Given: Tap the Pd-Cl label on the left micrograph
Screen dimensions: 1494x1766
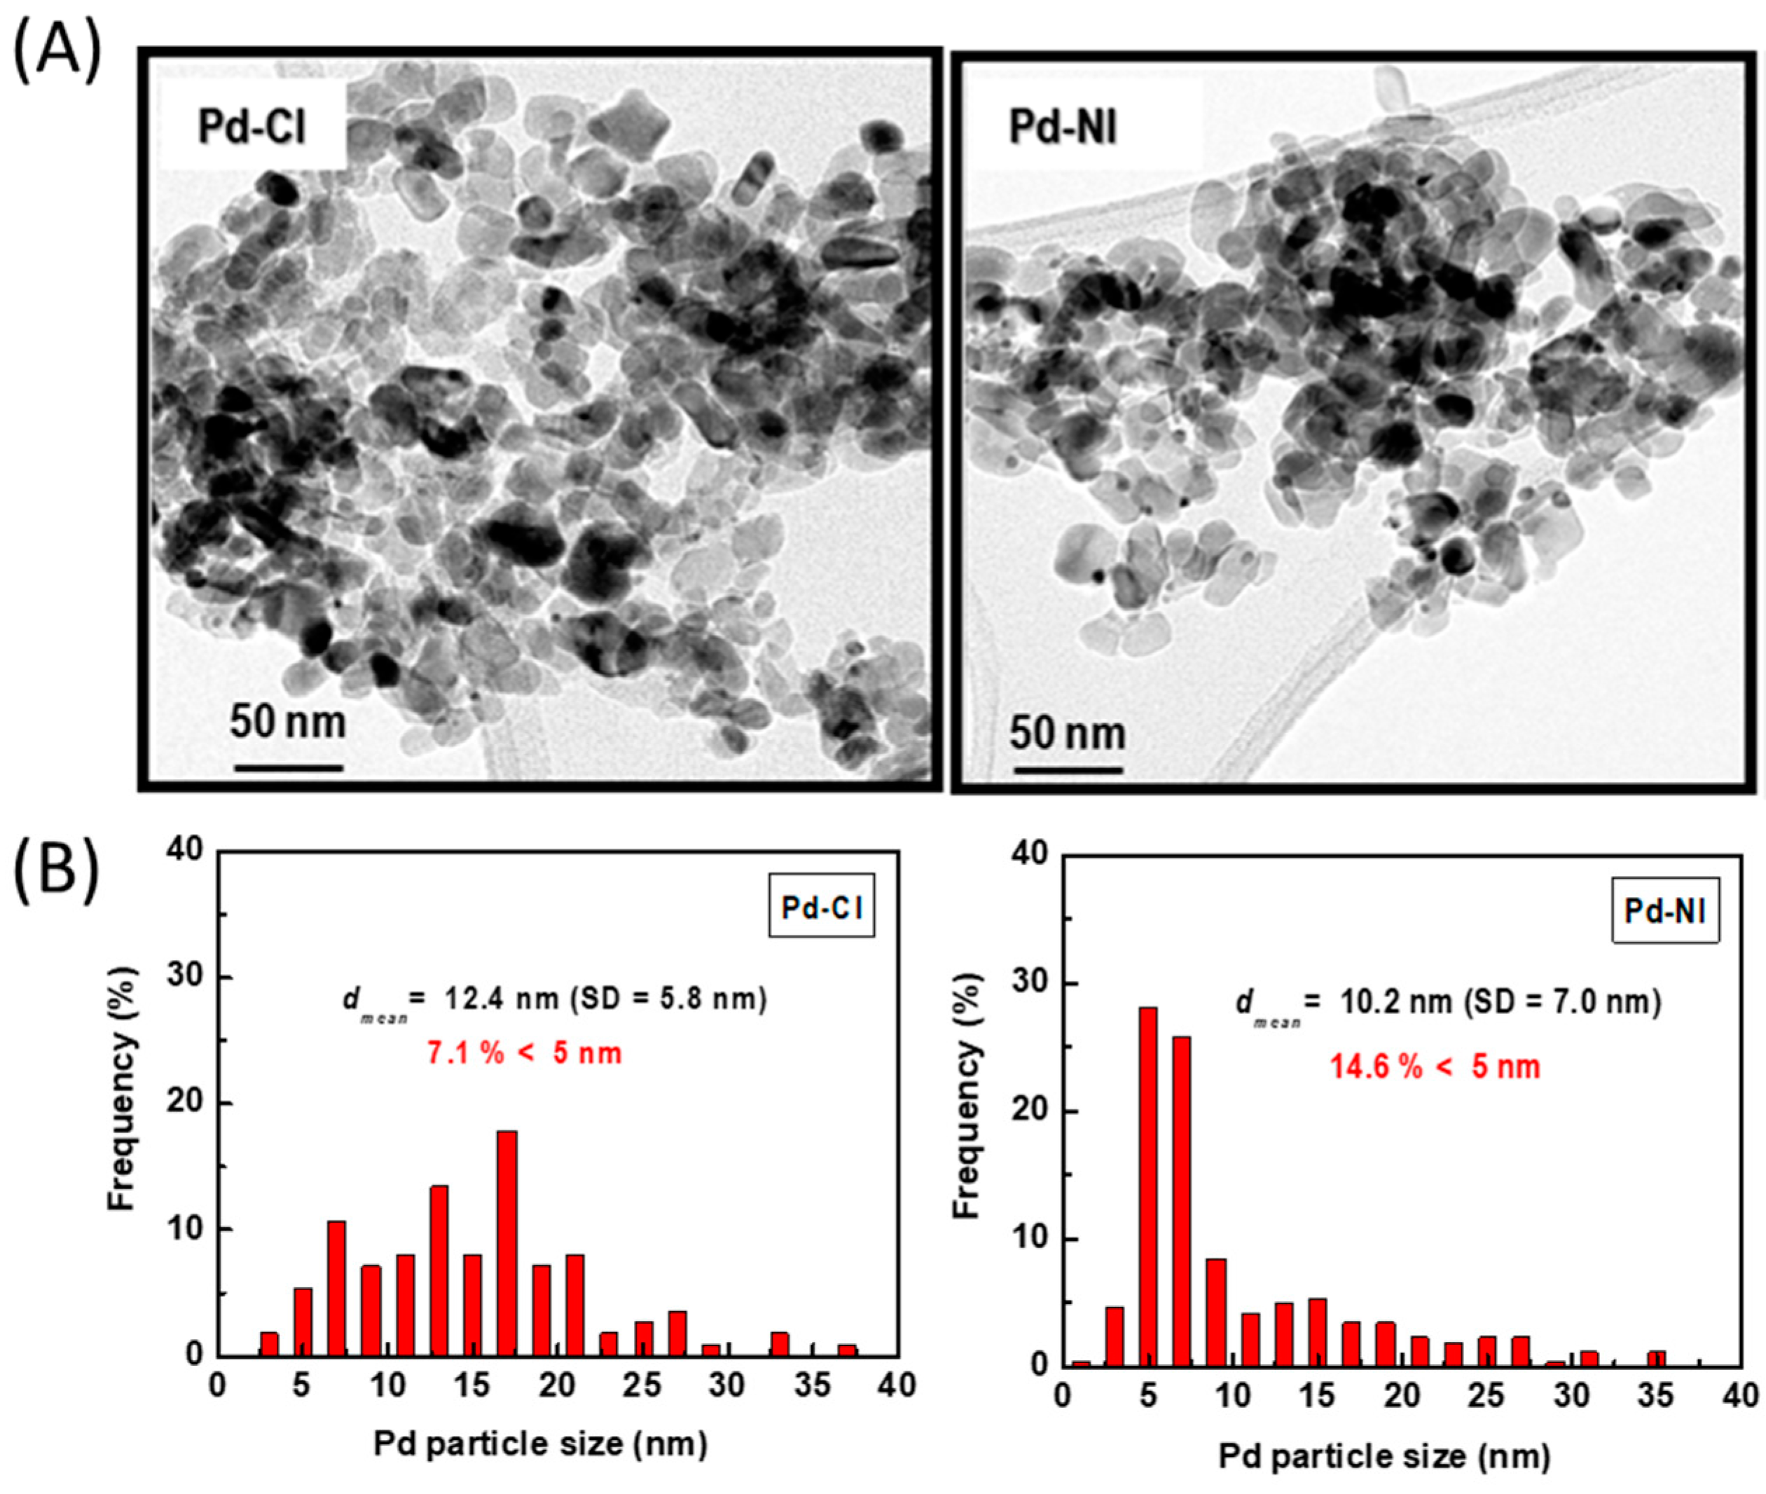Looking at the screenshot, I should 251,127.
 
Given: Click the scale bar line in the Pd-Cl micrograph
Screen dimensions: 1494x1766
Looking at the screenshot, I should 288,767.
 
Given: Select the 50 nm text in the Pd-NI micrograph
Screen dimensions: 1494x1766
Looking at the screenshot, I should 1067,734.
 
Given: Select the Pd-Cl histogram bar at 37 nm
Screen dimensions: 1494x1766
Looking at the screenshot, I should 847,1349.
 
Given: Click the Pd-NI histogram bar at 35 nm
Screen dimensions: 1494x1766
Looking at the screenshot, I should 1656,1357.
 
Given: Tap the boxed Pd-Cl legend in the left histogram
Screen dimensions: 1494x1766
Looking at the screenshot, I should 821,907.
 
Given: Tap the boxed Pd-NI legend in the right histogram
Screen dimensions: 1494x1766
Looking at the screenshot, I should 1664,910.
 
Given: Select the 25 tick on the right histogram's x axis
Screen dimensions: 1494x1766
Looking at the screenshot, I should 1486,1396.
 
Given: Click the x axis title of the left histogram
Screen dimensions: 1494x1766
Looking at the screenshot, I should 540,1444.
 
